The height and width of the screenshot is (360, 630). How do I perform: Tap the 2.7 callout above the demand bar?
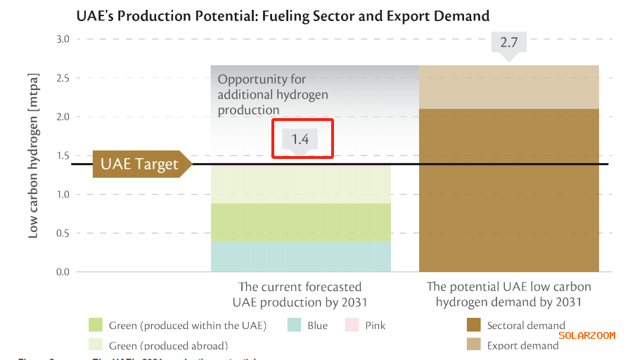pos(508,44)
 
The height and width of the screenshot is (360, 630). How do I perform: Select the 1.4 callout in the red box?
pos(304,139)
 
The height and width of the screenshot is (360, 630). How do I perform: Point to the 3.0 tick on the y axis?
pos(63,39)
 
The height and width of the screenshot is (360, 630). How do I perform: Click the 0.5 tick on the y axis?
pos(63,233)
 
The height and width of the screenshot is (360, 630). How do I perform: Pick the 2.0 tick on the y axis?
pos(63,117)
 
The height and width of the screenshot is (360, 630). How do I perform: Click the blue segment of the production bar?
pos(301,257)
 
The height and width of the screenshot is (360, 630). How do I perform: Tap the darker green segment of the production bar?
pos(301,222)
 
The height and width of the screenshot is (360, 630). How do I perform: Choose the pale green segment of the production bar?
pos(301,186)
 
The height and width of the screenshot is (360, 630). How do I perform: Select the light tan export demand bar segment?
pos(509,87)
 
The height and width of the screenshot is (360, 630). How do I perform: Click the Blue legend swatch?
pos(295,325)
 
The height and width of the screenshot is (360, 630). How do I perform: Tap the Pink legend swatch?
pos(352,325)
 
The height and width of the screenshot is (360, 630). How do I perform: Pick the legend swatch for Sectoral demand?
pos(474,325)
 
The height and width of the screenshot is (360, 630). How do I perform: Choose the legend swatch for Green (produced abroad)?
pos(96,345)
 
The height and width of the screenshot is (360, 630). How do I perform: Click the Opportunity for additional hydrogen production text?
pos(273,95)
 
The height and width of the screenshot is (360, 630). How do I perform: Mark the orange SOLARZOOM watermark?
pos(587,335)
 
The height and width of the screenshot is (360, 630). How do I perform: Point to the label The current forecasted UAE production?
pos(300,295)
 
